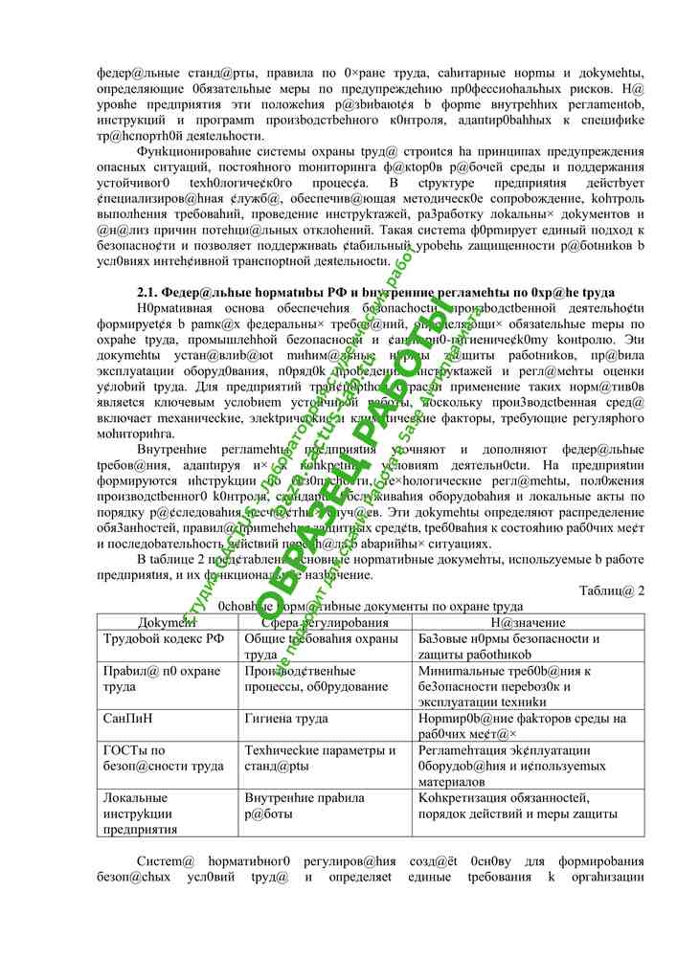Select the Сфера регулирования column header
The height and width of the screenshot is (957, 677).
311,622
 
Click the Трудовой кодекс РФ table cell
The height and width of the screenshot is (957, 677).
164,639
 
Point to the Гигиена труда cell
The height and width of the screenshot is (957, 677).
286,719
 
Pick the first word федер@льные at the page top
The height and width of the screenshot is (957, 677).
136,74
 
